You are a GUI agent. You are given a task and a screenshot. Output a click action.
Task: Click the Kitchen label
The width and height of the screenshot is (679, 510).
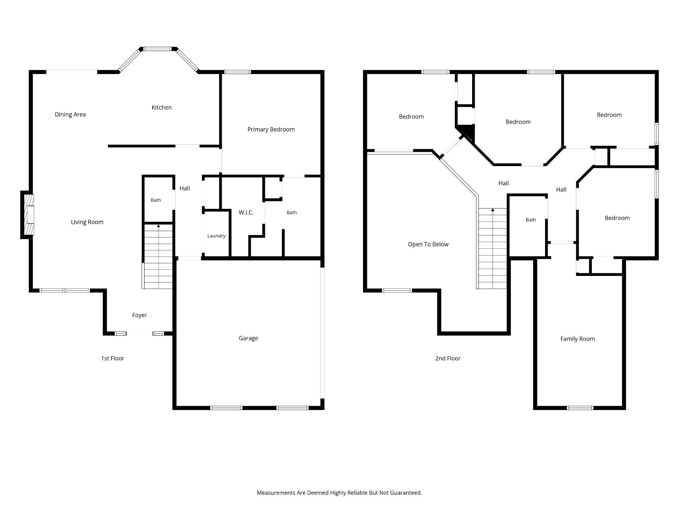tap(161, 108)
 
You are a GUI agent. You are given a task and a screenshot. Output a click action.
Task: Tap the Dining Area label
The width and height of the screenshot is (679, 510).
tap(70, 115)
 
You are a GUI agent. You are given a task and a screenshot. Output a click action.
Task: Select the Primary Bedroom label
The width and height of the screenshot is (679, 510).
tap(271, 129)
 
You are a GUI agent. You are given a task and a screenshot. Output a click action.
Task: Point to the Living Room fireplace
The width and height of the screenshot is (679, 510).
tap(28, 214)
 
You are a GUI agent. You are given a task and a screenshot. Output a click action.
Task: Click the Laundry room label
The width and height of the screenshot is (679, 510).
tap(216, 236)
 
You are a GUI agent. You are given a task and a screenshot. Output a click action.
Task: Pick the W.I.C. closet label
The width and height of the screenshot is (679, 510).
tap(246, 212)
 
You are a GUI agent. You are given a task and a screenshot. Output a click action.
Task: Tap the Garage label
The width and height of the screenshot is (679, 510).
tap(248, 338)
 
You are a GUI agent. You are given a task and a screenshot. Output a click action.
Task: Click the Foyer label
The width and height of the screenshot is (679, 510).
tap(140, 315)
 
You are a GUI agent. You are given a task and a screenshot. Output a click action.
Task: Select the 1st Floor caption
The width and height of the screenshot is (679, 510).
tap(113, 358)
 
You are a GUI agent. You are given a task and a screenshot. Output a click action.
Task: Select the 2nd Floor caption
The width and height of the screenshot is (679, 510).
tap(448, 358)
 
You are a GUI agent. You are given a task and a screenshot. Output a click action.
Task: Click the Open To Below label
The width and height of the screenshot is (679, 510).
tap(428, 244)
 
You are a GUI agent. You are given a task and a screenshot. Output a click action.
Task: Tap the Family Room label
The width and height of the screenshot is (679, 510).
tap(578, 339)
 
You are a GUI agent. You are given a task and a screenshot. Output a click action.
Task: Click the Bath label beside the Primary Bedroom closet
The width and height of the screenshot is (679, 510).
tap(292, 212)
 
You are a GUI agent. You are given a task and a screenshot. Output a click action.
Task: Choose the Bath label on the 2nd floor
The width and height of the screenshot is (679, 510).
tap(531, 220)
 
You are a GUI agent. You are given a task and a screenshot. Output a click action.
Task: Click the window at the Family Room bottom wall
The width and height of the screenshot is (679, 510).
tap(580, 408)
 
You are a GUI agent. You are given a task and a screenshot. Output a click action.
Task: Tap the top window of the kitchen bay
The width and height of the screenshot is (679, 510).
tap(157, 49)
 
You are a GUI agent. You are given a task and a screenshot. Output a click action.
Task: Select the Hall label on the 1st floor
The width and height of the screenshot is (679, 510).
tap(185, 188)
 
